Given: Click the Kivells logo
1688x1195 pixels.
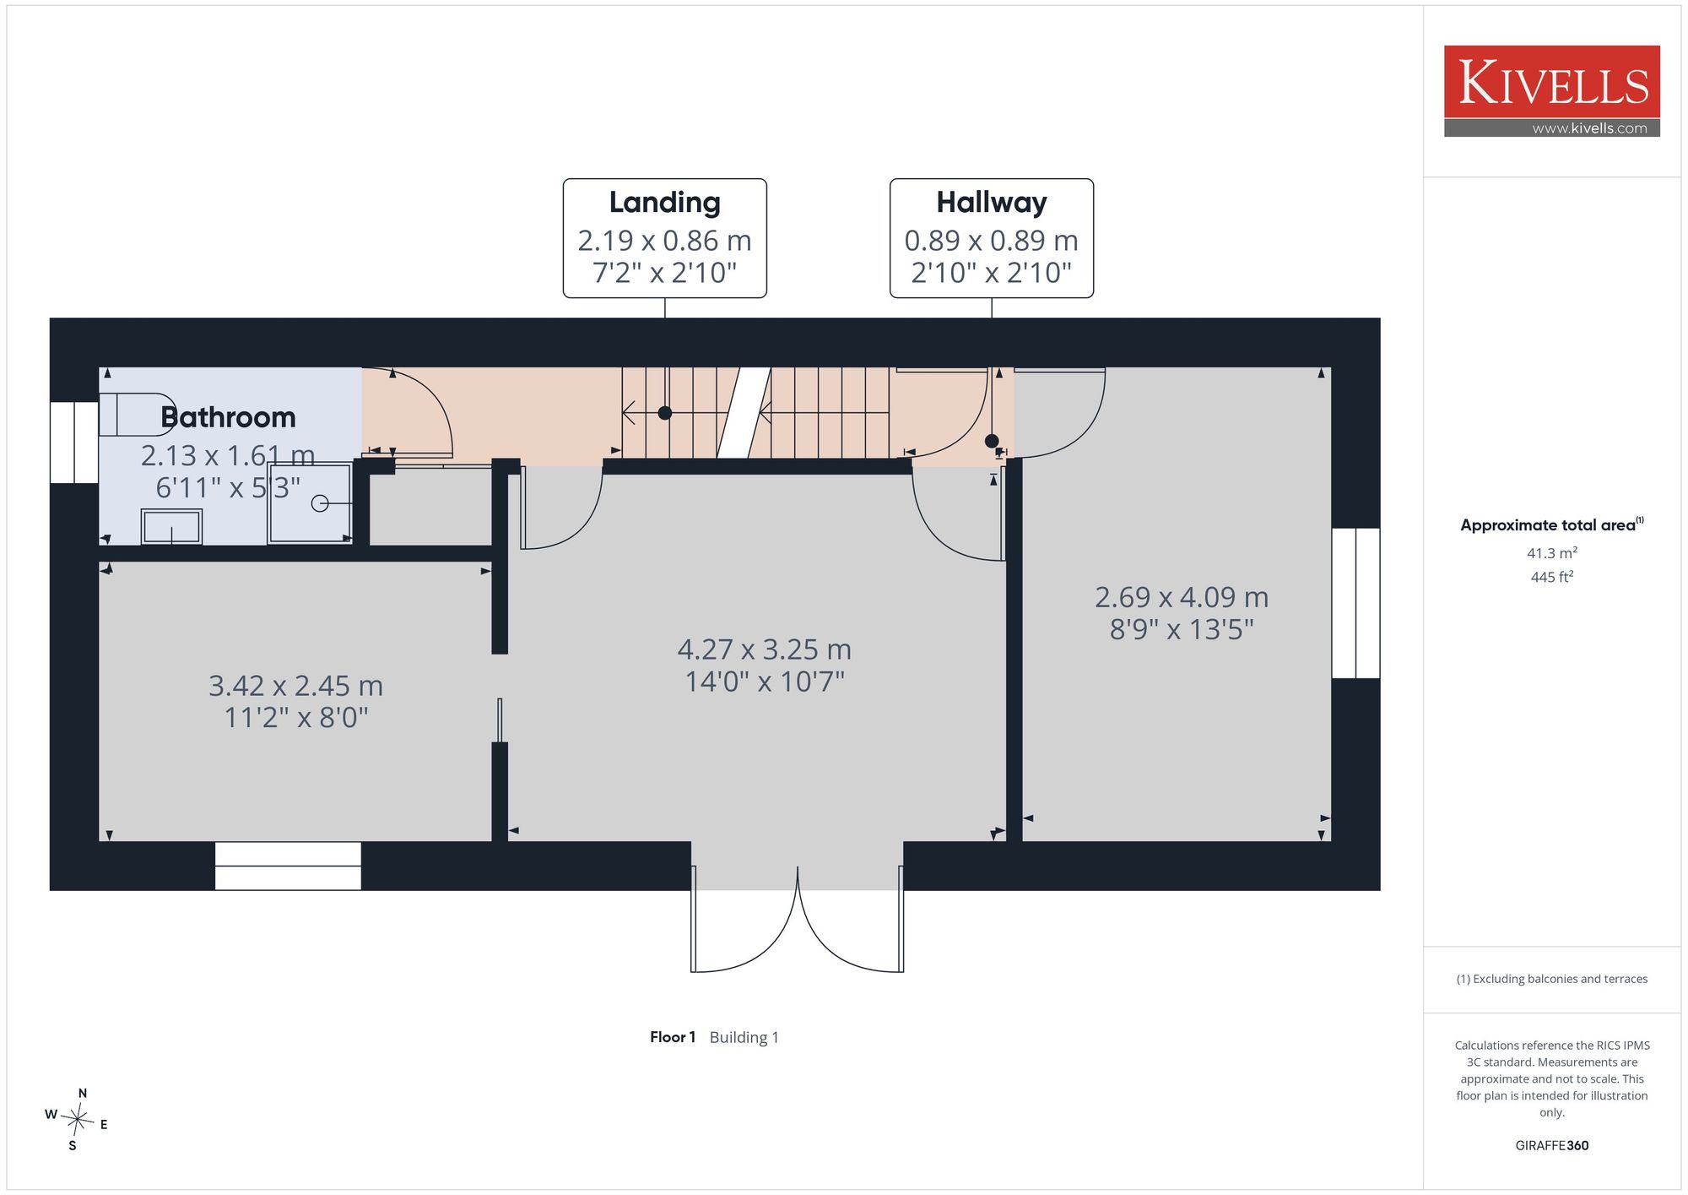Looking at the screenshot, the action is pos(1551,91).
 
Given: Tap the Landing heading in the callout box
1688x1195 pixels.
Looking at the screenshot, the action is pos(665,203).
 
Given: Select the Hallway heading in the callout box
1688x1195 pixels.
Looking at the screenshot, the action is pos(992,203).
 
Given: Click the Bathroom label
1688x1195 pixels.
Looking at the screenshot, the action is pos(228,417).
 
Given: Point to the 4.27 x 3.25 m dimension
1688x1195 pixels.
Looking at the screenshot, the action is pos(765,649).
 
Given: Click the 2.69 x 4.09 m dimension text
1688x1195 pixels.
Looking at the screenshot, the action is pos(1182,597).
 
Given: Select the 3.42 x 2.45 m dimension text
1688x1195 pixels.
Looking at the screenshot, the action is pos(295,686).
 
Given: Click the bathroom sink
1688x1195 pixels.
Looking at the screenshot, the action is pos(171,527).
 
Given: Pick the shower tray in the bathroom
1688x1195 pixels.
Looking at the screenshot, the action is pos(310,503).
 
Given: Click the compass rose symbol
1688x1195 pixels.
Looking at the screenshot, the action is pos(77,1121).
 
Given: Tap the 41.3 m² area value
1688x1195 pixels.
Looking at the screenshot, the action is pos(1552,553).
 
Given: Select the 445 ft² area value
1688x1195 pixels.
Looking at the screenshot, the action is pos(1552,577).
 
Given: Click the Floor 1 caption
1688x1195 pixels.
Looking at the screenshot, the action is pos(673,1037).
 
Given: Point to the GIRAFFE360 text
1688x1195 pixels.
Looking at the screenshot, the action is pos(1552,1145).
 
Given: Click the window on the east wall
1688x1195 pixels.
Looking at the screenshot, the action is pos(1355,603).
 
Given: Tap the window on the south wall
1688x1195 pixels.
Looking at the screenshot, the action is pos(288,866).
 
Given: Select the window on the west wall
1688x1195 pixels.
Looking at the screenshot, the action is pos(74,443).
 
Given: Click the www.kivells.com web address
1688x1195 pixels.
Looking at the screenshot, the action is pos(1589,128).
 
